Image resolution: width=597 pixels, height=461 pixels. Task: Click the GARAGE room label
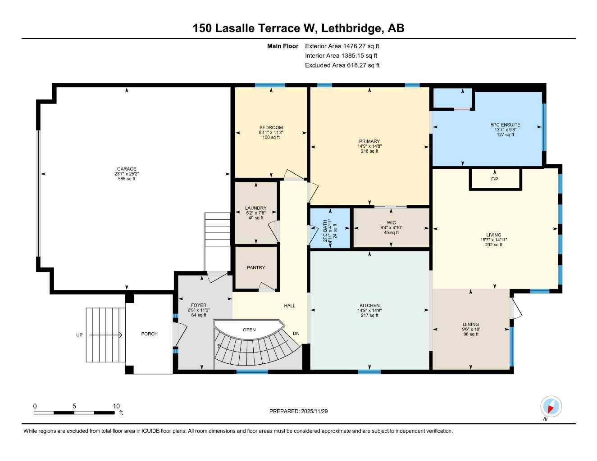[x=127, y=169]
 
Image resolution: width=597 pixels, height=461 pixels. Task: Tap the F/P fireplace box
[x=495, y=179]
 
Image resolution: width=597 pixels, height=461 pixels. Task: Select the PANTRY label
[x=256, y=267]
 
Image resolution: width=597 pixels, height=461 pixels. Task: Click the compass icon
[x=550, y=407]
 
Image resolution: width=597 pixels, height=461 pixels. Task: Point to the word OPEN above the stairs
[x=249, y=330]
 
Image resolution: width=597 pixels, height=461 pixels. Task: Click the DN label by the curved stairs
[x=296, y=334]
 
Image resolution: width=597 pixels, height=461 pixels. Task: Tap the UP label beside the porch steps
[x=79, y=335]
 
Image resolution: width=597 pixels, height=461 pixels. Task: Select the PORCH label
[x=149, y=334]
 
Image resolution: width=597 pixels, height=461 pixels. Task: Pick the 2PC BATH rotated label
[x=325, y=231]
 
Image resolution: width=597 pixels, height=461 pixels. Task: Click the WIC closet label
[x=391, y=223]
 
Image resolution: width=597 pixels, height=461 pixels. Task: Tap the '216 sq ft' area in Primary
[x=369, y=151]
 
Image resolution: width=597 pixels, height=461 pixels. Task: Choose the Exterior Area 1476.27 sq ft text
[x=342, y=46]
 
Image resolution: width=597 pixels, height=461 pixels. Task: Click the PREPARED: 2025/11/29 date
[x=298, y=411]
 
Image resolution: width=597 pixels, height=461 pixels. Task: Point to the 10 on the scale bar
[x=116, y=406]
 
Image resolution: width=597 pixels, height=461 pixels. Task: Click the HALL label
[x=290, y=306]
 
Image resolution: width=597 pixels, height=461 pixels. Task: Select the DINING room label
[x=471, y=324]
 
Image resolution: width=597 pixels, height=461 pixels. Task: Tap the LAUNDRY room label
[x=256, y=208]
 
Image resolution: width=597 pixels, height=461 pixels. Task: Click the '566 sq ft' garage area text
[x=127, y=179]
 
